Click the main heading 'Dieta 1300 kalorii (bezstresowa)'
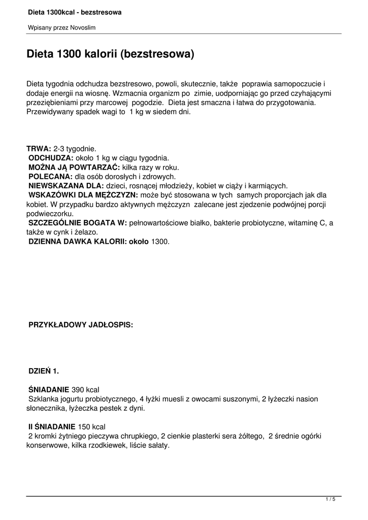coord(110,54)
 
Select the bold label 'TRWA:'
coord(39,149)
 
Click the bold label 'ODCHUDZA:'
coord(51,158)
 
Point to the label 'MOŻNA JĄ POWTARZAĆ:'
coord(74,167)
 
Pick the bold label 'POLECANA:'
coord(50,176)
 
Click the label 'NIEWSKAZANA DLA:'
coord(66,186)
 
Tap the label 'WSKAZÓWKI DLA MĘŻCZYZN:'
coord(83,195)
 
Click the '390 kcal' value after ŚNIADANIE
coord(86,389)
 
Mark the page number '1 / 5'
coord(330,500)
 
